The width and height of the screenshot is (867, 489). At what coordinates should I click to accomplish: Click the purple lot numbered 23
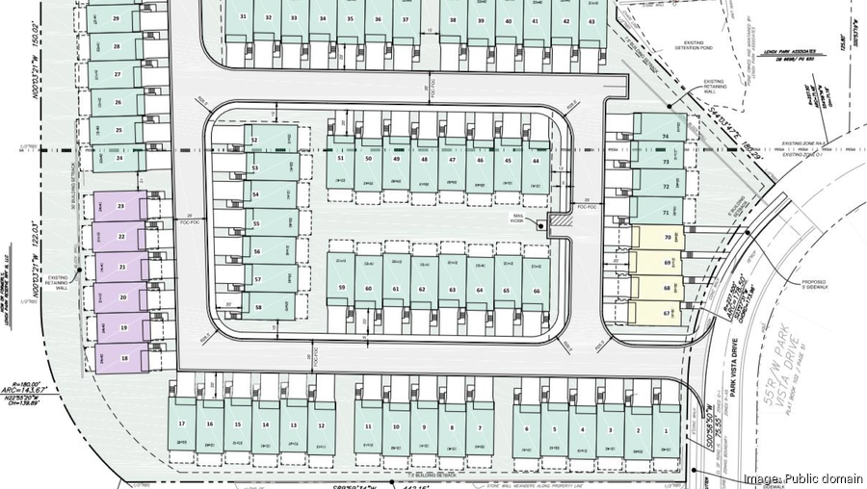(120, 207)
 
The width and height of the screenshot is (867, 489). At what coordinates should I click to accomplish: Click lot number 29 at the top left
(116, 18)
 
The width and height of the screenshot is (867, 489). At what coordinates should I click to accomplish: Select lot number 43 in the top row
(591, 20)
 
